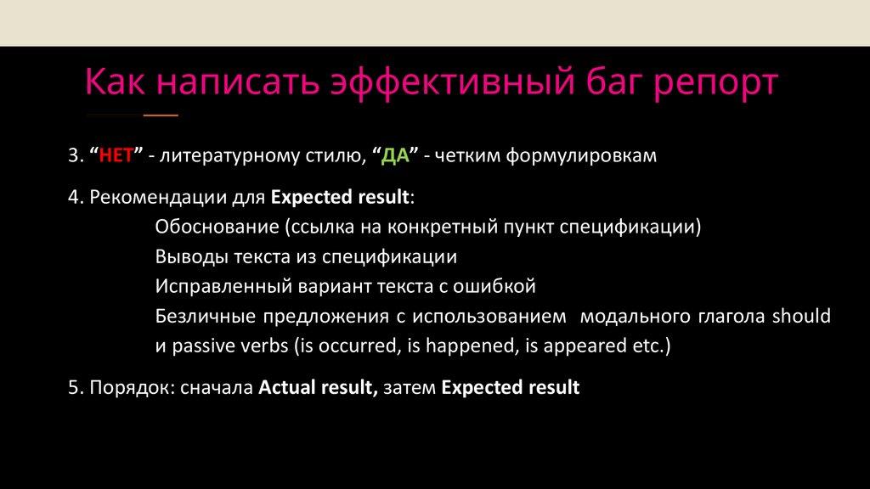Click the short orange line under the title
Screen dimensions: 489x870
161,115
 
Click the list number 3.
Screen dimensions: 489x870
73,157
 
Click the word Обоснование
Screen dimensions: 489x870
217,228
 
